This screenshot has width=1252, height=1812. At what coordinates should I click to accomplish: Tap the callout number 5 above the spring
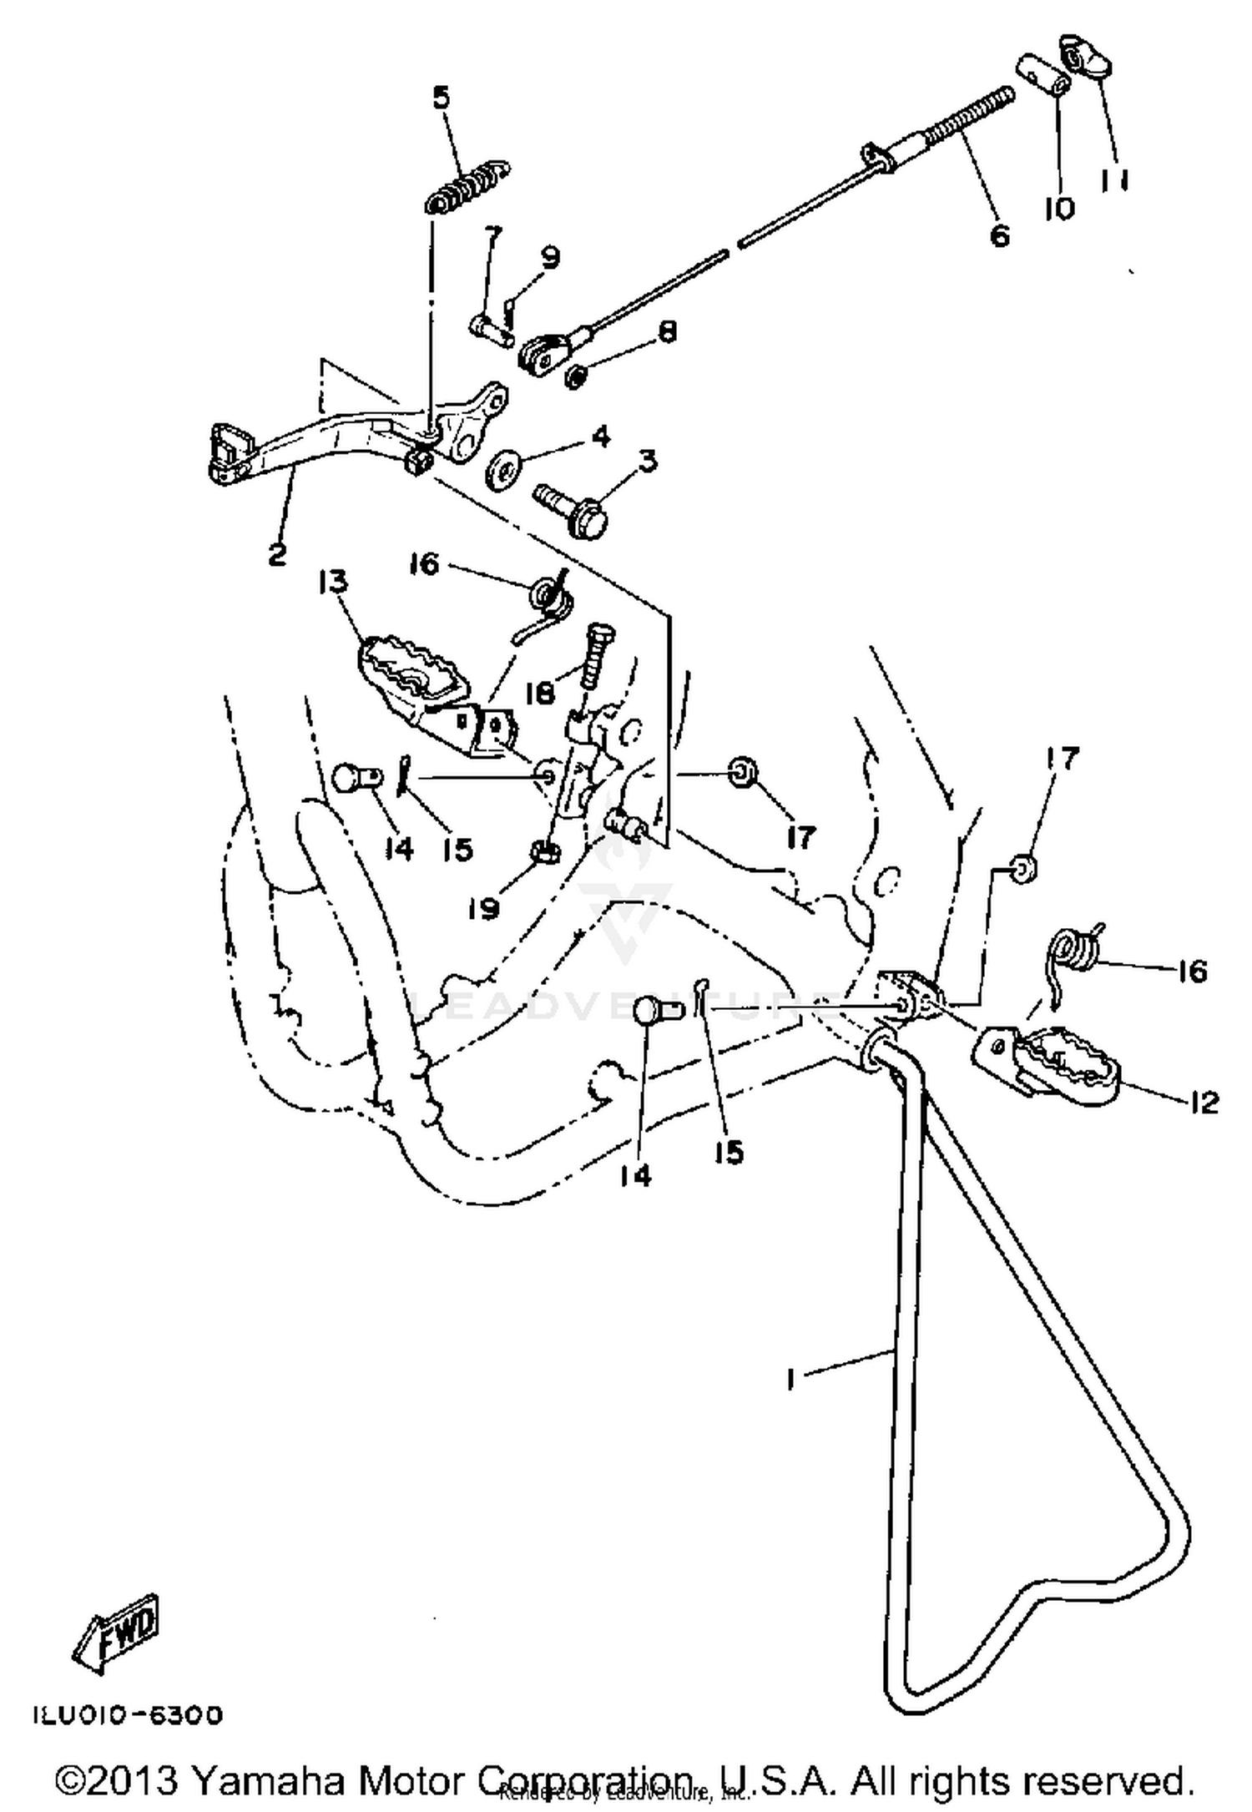(441, 98)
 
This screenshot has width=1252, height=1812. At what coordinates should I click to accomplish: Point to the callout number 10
(1059, 208)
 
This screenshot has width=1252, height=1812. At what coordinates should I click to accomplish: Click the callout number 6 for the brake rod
(998, 235)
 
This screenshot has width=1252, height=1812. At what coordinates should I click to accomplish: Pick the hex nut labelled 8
(573, 377)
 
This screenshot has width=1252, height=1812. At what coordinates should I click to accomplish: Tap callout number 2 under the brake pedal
(277, 553)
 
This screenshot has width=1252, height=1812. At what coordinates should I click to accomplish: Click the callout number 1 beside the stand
(790, 1380)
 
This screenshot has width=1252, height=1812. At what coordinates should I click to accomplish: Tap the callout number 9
(550, 259)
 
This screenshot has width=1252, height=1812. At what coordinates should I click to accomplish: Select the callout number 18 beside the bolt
(541, 692)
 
